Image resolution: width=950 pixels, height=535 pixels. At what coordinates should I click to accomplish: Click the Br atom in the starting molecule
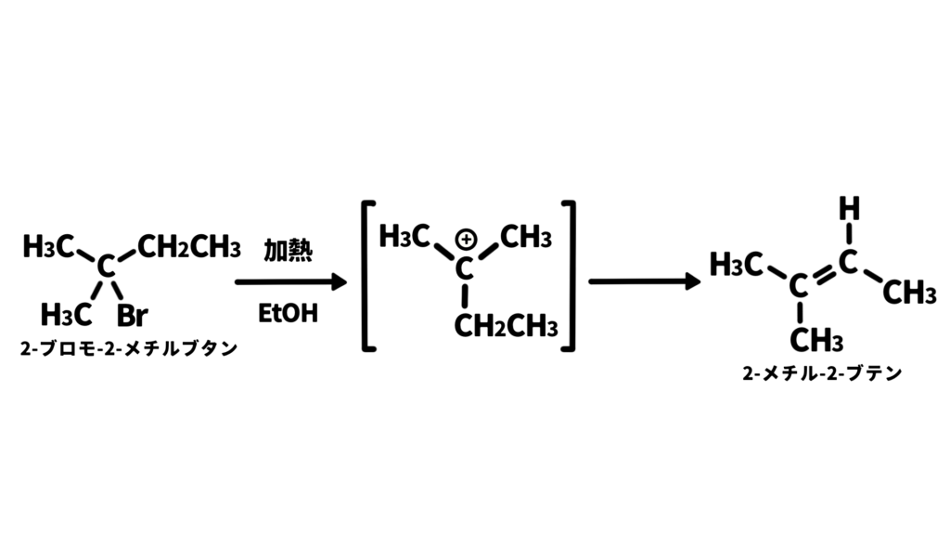[x=132, y=315]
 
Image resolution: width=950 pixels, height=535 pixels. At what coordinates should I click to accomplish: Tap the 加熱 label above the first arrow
[x=288, y=250]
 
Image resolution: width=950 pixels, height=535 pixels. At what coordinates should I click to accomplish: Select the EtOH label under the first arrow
[x=288, y=314]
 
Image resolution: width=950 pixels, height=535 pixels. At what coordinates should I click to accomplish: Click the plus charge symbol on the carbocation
[x=466, y=240]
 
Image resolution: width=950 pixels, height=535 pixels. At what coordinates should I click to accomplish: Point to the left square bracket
[x=365, y=276]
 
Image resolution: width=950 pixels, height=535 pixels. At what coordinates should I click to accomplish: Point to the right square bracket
[x=571, y=276]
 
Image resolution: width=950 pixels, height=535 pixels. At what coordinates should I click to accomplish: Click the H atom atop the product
[x=849, y=208]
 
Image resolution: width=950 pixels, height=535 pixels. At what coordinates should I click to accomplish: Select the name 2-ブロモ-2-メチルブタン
[x=128, y=349]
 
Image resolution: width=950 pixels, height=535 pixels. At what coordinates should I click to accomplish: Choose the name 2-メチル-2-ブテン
[x=822, y=373]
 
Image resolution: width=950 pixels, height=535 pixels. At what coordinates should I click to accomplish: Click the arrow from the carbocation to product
[x=645, y=281]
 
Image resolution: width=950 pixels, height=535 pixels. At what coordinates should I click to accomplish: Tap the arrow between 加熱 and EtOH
[x=290, y=281]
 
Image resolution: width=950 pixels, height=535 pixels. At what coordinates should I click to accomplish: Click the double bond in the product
[x=824, y=274]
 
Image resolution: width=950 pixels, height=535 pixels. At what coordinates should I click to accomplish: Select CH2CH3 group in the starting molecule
[x=189, y=247]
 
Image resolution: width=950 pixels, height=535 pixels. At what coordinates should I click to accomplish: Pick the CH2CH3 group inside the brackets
[x=506, y=326]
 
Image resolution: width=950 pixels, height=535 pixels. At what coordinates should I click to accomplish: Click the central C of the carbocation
[x=464, y=269]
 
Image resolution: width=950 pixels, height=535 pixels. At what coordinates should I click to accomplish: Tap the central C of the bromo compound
[x=106, y=267]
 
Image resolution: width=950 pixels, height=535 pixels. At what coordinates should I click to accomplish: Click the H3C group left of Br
[x=66, y=315]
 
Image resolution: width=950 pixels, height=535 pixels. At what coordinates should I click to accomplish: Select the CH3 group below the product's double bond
[x=816, y=340]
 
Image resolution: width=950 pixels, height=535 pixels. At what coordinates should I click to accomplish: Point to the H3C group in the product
[x=736, y=265]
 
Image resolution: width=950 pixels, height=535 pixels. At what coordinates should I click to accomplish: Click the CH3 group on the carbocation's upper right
[x=525, y=237]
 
